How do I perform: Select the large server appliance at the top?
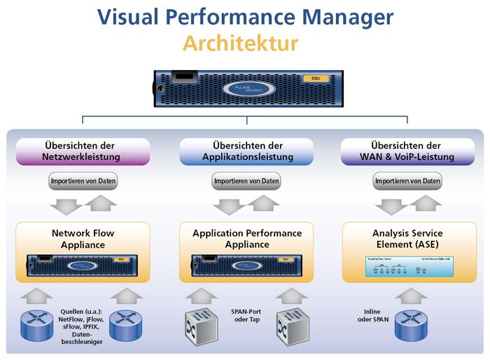click(x=246, y=88)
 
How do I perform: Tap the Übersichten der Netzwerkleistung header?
click(x=83, y=151)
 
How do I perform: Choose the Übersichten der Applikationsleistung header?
click(x=246, y=151)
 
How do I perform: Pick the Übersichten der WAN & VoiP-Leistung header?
click(x=407, y=151)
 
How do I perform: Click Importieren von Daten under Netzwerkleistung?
click(x=83, y=181)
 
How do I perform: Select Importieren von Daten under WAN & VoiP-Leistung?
click(x=407, y=181)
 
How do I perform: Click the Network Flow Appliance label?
click(x=83, y=239)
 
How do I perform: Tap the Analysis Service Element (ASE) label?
click(x=407, y=239)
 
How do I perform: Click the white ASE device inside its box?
click(x=407, y=265)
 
